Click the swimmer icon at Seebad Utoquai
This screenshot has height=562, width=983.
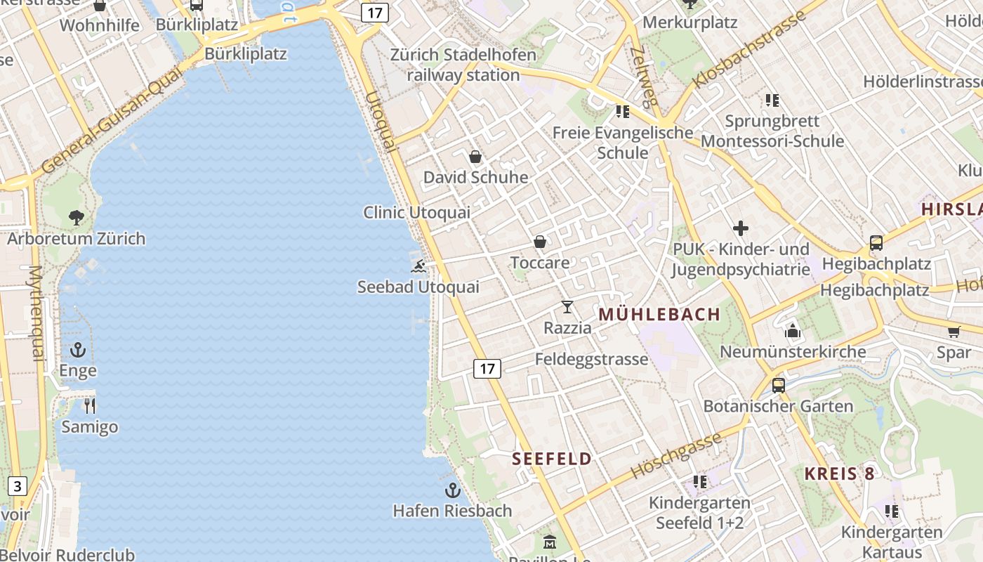419,266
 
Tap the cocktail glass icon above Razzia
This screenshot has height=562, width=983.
567,307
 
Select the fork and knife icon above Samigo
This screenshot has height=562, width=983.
89,406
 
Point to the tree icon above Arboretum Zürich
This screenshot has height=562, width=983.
77,218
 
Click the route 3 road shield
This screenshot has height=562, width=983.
18,485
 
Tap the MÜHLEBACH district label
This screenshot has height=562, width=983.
659,315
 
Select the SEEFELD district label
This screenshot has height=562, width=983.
552,459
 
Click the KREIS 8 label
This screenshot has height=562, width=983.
840,473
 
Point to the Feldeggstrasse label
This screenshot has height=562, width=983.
591,360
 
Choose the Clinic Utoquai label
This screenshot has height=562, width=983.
416,212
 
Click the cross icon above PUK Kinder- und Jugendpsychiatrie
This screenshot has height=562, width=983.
741,228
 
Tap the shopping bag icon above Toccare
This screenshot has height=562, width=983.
540,242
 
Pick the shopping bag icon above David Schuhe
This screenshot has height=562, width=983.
475,156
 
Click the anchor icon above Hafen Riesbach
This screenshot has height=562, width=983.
453,490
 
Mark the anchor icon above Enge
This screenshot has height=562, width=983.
78,349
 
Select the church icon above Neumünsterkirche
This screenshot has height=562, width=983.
793,330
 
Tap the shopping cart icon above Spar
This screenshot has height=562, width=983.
954,331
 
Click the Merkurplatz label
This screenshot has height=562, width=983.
690,22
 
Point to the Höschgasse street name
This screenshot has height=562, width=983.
676,455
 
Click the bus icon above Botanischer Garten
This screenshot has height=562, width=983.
779,385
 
